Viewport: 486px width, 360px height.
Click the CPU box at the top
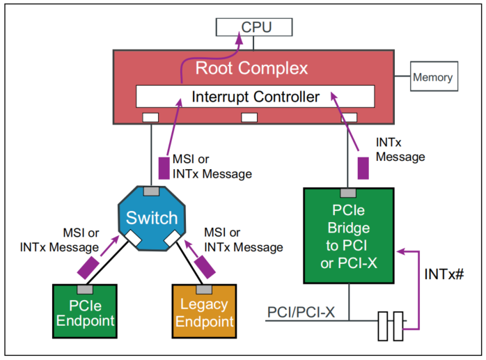(x=253, y=27)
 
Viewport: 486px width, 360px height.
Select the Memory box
(x=432, y=77)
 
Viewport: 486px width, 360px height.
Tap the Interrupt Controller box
(x=255, y=96)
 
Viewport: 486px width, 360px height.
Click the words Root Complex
(x=251, y=68)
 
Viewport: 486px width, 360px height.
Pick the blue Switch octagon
(x=152, y=217)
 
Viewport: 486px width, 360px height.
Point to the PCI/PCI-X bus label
(x=301, y=313)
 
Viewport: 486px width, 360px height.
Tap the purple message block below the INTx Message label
(x=363, y=168)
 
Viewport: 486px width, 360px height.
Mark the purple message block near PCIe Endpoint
(x=89, y=265)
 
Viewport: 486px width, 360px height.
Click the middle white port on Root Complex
(x=249, y=117)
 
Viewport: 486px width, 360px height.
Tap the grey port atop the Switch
(x=150, y=191)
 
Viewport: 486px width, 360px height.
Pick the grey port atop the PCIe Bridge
(x=347, y=192)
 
